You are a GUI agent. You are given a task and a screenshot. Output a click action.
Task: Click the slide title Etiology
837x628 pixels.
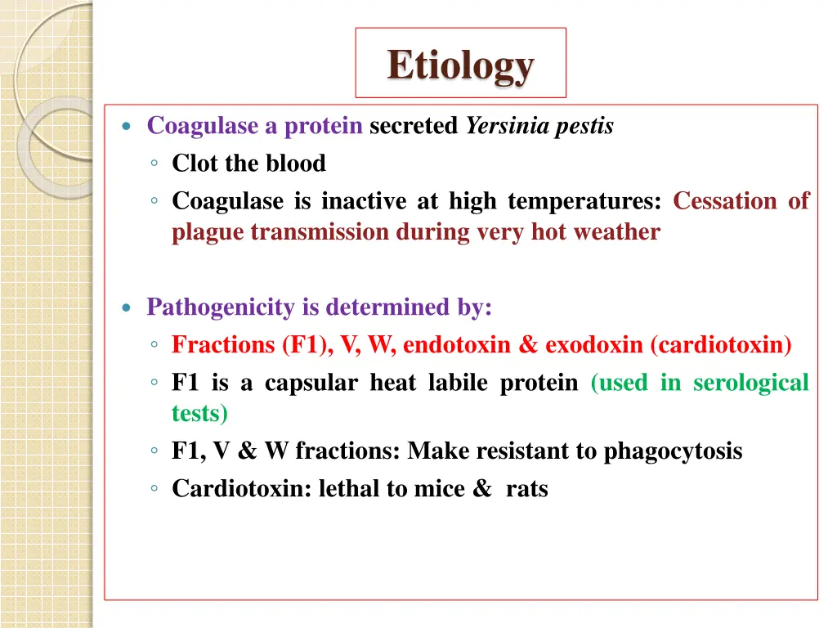click(460, 65)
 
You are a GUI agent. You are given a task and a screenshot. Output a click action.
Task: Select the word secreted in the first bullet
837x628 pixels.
click(414, 127)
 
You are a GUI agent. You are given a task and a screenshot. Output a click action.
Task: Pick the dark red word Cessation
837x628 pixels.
click(725, 201)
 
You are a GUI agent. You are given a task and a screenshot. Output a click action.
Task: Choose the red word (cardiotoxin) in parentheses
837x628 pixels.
click(721, 345)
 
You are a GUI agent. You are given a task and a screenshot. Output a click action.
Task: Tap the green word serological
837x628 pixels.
click(750, 383)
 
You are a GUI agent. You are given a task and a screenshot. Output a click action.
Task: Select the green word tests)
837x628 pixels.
click(199, 414)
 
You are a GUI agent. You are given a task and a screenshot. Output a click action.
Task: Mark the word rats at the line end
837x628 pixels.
click(526, 489)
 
